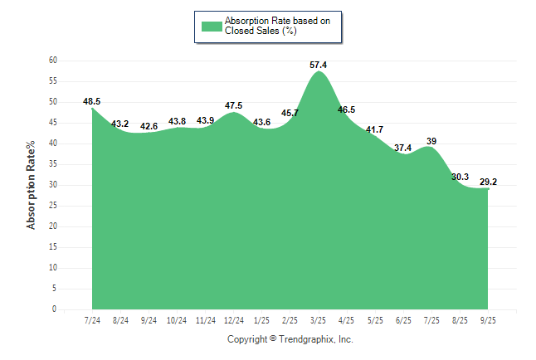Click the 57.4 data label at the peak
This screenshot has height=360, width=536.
319,64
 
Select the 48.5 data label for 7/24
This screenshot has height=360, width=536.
91,101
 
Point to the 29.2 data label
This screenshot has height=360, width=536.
489,182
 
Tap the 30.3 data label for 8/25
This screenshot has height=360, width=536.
460,177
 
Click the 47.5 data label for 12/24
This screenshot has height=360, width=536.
234,105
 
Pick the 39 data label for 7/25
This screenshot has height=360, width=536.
431,141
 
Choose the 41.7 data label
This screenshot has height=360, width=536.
375,129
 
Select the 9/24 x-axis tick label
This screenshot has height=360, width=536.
149,319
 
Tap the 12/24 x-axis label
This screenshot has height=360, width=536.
234,319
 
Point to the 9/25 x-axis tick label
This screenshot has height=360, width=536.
489,319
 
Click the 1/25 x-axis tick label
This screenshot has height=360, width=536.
262,319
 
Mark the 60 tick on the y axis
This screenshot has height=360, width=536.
52,61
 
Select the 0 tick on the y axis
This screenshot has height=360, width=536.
54,309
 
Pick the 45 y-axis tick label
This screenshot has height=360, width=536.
52,123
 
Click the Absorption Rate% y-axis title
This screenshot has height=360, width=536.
32,185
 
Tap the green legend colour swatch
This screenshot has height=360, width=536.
212,26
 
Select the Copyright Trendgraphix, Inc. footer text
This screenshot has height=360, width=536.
290,339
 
